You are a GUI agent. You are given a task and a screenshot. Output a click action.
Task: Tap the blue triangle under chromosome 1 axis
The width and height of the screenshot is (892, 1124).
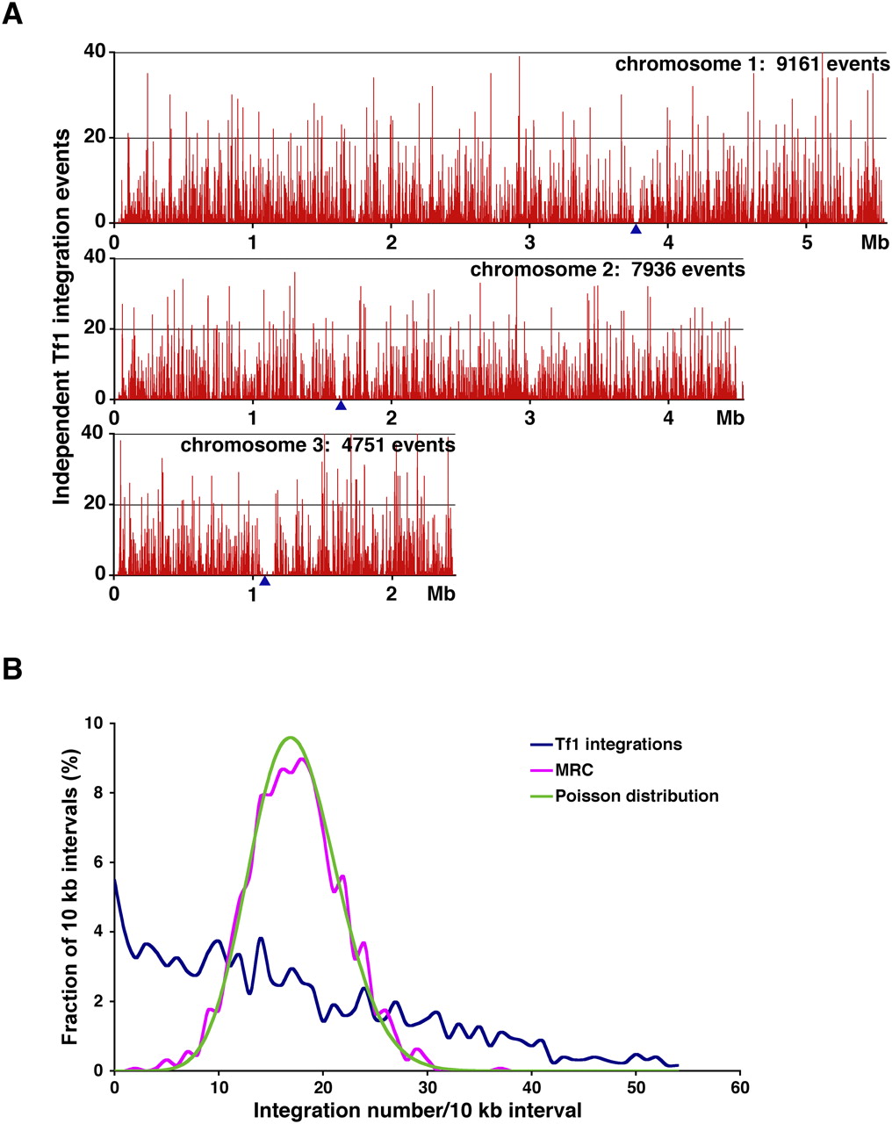(x=636, y=229)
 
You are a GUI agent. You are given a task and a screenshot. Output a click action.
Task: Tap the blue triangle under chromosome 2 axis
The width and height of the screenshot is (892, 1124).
(x=341, y=405)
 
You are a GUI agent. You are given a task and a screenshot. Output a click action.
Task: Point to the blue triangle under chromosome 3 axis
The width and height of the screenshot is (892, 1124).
(x=264, y=580)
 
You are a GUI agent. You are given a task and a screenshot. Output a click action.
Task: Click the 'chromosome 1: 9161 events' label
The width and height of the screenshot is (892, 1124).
(x=752, y=65)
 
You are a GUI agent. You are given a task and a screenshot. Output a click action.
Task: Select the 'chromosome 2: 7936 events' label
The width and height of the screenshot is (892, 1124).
(x=608, y=270)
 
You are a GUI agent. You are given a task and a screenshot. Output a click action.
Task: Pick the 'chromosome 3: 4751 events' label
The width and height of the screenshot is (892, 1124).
(x=318, y=445)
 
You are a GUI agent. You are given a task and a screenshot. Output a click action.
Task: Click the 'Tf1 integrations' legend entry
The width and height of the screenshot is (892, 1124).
(x=618, y=745)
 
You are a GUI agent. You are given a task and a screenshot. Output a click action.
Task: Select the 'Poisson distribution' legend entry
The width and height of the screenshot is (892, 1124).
(x=637, y=796)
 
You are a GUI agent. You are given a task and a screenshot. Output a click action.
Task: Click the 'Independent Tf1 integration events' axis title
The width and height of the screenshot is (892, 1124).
(x=62, y=316)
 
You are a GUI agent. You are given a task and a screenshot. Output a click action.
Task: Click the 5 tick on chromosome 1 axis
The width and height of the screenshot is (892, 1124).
(x=807, y=242)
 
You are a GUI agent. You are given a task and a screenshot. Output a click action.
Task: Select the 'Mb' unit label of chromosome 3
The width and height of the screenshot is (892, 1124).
(x=441, y=594)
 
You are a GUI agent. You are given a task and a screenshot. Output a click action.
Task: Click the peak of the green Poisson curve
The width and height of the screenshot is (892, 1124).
(x=291, y=737)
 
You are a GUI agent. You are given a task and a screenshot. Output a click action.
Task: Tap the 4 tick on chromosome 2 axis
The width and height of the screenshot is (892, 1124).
(x=669, y=418)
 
